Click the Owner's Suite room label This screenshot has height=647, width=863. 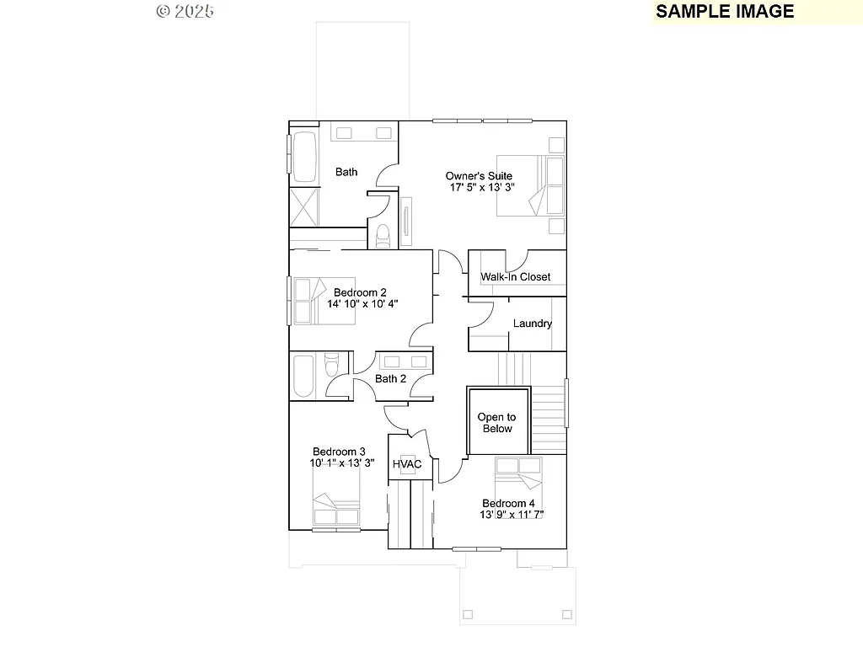point(479,176)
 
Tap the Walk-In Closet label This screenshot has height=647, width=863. point(515,277)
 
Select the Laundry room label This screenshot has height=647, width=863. point(533,323)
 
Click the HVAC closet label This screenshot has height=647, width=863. point(407,464)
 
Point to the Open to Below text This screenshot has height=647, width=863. point(496,423)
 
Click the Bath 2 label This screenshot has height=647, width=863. point(390,379)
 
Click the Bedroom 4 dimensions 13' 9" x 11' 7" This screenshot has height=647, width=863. point(512,515)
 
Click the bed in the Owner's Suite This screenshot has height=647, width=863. point(529,185)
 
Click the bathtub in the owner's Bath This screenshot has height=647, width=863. point(303,157)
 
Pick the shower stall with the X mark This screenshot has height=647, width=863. point(303,207)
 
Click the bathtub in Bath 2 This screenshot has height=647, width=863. point(303,376)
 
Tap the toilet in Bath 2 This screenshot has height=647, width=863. point(331,365)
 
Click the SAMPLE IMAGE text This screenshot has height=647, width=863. point(725,11)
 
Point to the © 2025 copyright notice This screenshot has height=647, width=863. point(185,11)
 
